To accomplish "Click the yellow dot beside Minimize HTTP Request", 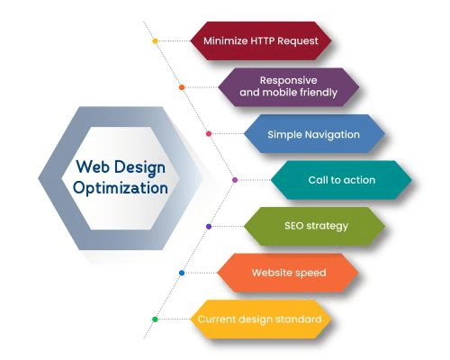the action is tap(155, 40).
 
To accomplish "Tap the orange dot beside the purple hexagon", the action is tap(182, 87).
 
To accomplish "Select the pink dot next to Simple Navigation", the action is tap(209, 134).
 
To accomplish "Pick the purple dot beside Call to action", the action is tap(235, 180).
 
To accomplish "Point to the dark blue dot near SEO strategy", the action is tap(209, 227).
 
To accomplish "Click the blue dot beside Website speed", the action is tap(182, 273).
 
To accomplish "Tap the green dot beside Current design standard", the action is tap(155, 319).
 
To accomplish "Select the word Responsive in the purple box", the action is tap(288, 80).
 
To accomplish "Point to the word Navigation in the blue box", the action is tap(332, 135).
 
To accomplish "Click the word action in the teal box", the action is tap(359, 180).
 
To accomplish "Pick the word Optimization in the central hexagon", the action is tap(121, 188).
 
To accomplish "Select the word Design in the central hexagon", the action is tap(140, 167).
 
